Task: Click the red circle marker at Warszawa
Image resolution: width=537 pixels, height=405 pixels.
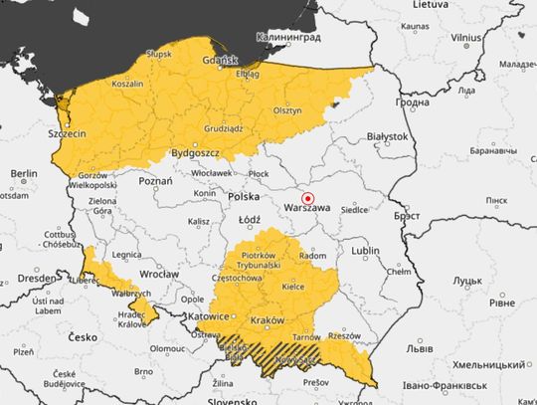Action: (x=308, y=197)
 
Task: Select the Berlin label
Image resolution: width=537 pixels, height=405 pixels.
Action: (x=24, y=173)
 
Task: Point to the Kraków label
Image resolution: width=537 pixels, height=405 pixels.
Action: (x=268, y=319)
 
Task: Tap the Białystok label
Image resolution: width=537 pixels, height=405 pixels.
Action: (x=387, y=135)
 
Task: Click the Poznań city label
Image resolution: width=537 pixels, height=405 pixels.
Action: (x=155, y=181)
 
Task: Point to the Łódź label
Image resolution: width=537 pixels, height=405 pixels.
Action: (x=250, y=219)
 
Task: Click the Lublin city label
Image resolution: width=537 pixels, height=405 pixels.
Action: (x=366, y=251)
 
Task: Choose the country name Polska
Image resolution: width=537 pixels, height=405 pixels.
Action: (x=244, y=197)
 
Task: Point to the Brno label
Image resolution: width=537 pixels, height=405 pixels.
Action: (x=143, y=372)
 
